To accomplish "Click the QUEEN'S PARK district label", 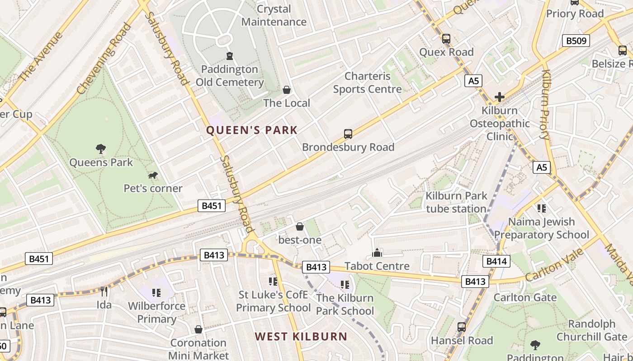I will click(x=252, y=130).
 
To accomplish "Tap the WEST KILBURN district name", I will click(x=301, y=336).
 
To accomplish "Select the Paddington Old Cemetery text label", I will click(x=230, y=76).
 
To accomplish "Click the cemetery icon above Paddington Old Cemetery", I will click(x=230, y=56).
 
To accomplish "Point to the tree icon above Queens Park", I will click(x=101, y=148).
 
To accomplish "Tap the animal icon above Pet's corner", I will click(x=153, y=175).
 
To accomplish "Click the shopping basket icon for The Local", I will click(x=287, y=90).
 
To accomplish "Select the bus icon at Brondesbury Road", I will click(x=348, y=134).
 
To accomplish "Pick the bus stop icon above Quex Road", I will click(x=446, y=39).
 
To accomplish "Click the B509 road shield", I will click(x=576, y=41).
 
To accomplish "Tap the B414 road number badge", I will click(x=496, y=261).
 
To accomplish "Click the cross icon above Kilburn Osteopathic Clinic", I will click(x=499, y=97).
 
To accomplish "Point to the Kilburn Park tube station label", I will click(x=456, y=202).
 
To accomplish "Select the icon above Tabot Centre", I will click(x=377, y=253).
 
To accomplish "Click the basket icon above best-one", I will click(x=299, y=227).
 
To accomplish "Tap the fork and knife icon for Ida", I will click(x=104, y=292).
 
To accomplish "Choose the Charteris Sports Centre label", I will click(x=367, y=83).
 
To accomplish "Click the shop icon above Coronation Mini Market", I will click(x=198, y=329).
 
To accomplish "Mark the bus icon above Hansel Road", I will click(x=462, y=327).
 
